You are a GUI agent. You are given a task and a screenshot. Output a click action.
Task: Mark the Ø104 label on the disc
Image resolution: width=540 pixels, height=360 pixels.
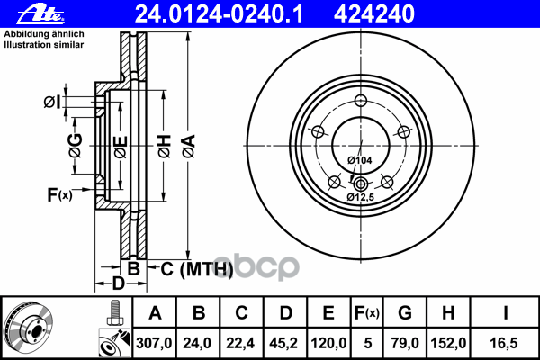coord(360,160)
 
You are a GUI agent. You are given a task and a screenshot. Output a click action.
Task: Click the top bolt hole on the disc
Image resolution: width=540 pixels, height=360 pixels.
coord(361,102)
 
